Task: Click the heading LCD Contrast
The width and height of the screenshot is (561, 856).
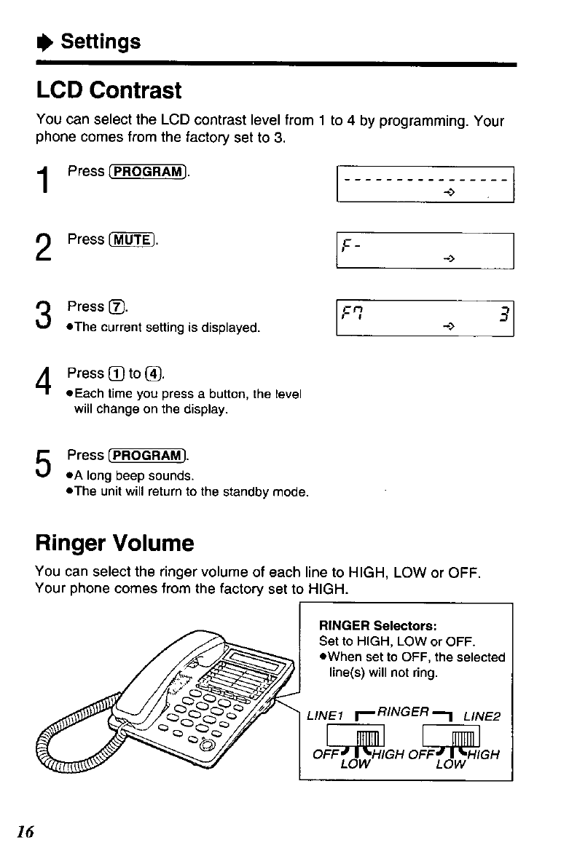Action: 109,91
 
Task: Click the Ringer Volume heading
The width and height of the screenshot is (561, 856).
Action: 114,543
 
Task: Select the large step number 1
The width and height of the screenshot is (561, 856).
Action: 44,180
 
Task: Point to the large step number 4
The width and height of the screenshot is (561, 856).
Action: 44,382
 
